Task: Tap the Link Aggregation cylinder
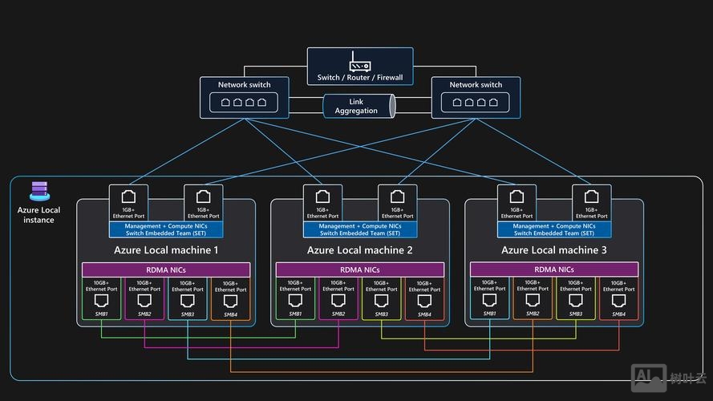coord(358,106)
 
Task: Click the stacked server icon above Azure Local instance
coord(38,191)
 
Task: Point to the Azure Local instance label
coord(38,215)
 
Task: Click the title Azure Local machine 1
coord(166,250)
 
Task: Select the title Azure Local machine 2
coord(360,250)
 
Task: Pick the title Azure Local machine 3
coord(554,250)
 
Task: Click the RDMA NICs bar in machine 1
coord(166,270)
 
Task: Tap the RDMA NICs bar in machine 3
coord(554,270)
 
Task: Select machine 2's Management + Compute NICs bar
coord(360,229)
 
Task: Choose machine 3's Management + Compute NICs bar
coord(554,229)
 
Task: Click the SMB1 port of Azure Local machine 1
coord(102,301)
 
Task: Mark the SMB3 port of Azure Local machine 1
coord(188,301)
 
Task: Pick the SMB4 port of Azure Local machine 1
coord(230,301)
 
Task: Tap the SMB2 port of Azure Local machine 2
coord(338,301)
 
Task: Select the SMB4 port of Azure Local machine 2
coord(424,301)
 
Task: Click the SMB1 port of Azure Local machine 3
coord(490,301)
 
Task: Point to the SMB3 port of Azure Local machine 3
coord(576,301)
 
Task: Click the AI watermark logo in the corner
coord(647,376)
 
